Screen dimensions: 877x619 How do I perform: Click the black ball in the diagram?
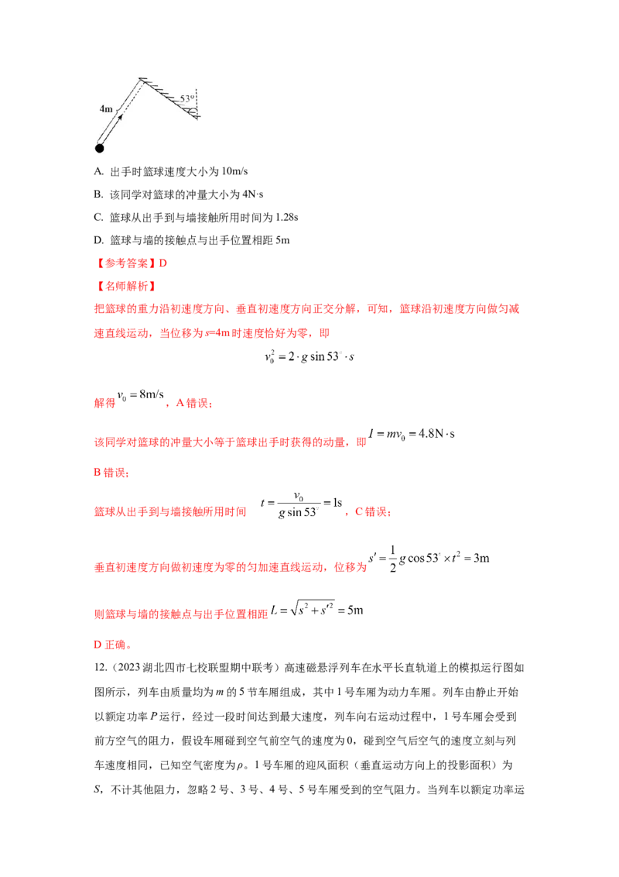(99, 148)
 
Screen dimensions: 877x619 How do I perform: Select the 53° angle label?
(186, 99)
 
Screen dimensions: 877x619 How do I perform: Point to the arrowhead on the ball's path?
(121, 116)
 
